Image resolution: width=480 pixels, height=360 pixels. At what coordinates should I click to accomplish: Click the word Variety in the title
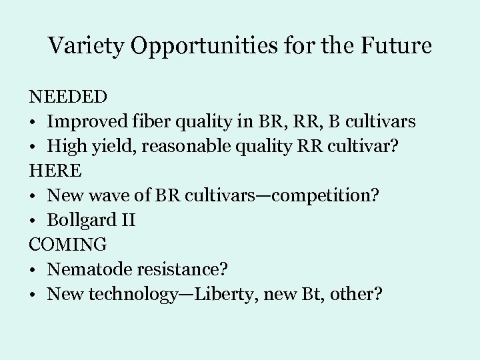pos(85,46)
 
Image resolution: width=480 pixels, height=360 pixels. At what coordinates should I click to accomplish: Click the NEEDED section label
pos(67,97)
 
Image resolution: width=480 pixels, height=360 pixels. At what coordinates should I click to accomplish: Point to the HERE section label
pos(55,171)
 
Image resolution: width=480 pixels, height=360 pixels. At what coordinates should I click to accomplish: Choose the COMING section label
pos(67,244)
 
